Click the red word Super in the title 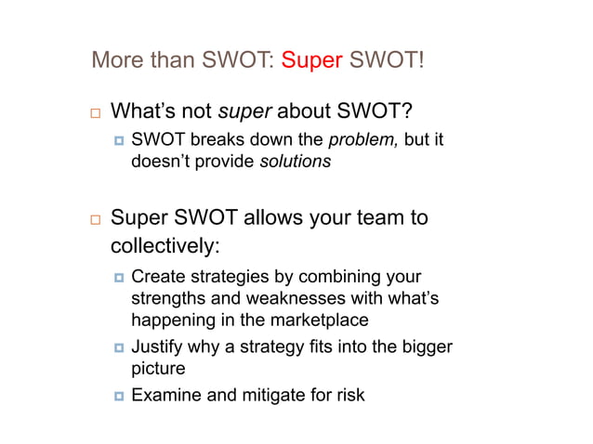tap(311, 62)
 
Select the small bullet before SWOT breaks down tap(117, 141)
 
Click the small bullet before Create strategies tap(117, 278)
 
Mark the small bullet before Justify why tap(117, 347)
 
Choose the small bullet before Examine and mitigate tap(117, 396)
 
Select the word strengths tap(166, 299)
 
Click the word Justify tap(156, 346)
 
